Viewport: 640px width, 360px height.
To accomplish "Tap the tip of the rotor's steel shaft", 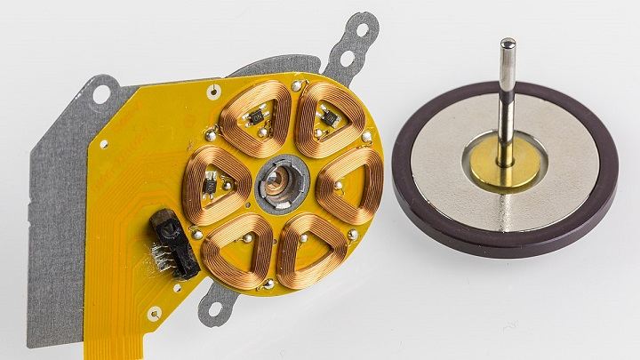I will pos(507,43).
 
